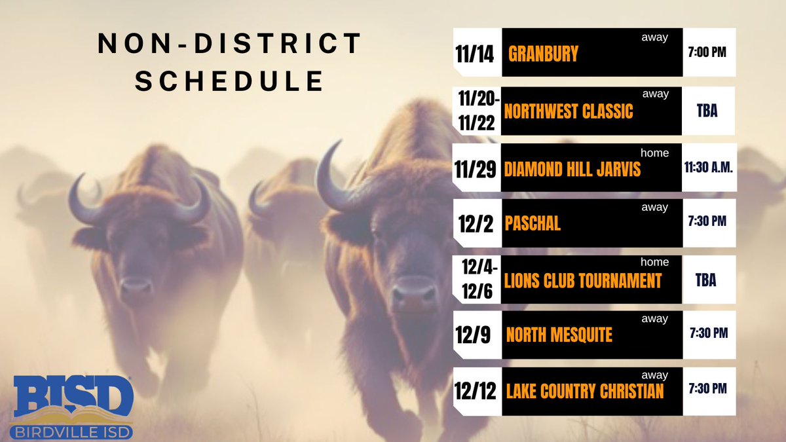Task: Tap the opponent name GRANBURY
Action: click(544, 54)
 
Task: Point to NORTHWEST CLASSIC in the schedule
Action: click(569, 111)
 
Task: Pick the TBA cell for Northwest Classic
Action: click(707, 111)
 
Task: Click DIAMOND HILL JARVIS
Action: click(572, 170)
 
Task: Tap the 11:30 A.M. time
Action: click(709, 168)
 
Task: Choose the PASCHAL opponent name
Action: click(533, 223)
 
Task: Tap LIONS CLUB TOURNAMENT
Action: click(583, 281)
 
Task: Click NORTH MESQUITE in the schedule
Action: click(559, 335)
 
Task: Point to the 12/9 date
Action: click(474, 335)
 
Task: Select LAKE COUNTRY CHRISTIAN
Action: click(585, 392)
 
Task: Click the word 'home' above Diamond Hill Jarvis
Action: click(654, 153)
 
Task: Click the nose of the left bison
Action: click(136, 286)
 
